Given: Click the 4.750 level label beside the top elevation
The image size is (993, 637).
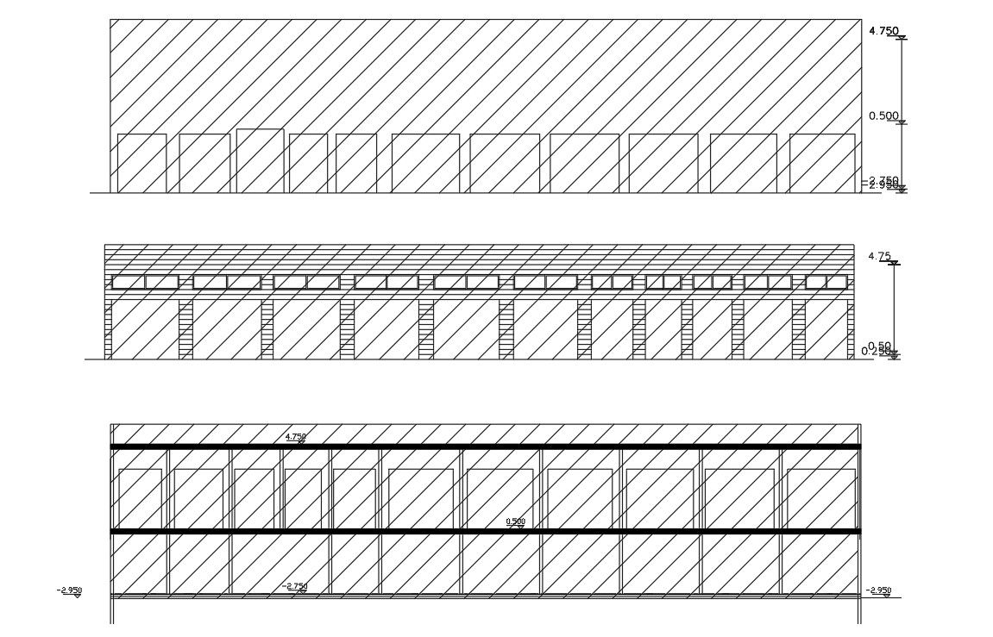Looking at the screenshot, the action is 883,31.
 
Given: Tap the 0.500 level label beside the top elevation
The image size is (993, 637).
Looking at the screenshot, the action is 883,116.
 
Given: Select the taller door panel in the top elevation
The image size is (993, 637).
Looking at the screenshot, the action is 260,160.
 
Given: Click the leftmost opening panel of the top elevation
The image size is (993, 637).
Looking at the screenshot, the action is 141,163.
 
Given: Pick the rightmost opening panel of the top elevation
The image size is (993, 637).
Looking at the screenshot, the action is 822,163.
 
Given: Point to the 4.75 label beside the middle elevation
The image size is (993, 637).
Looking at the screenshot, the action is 878,256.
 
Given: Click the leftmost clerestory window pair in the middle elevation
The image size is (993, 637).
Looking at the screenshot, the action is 145,282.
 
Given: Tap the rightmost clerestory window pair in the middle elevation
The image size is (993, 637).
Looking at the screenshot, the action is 826,282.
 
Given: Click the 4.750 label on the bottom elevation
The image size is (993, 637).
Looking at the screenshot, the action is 295,437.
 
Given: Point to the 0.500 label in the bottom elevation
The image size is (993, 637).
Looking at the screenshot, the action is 515,521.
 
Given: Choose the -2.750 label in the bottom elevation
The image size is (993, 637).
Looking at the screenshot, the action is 295,586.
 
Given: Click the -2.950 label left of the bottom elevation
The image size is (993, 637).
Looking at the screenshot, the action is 69,590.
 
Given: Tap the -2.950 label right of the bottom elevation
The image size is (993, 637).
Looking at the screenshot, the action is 879,590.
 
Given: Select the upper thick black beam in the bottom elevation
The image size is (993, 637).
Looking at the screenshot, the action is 485,447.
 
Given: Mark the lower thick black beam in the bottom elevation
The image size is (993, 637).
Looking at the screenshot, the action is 485,532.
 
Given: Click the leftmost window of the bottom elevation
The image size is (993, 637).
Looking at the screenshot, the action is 140,498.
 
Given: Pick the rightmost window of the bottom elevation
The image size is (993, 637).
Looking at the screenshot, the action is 820,498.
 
